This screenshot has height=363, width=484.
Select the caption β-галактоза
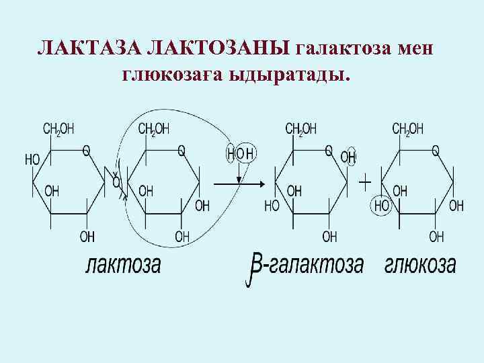coord(306,266)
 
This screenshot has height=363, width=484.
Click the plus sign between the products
coord(364,182)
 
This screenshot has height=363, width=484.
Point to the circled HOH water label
coord(240,154)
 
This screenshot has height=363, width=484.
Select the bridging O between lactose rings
coord(116,182)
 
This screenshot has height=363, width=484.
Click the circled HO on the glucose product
coord(382,205)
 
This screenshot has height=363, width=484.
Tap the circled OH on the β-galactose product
coord(348,157)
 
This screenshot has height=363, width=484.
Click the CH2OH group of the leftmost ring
coord(59,128)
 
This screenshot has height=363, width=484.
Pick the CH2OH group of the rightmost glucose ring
coord(407,128)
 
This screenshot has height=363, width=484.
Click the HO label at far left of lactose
coord(32,159)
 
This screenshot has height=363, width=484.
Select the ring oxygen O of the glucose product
coord(435,151)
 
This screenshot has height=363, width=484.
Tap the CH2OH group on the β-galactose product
coord(300,128)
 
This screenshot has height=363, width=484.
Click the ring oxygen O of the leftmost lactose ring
coord(86,151)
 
